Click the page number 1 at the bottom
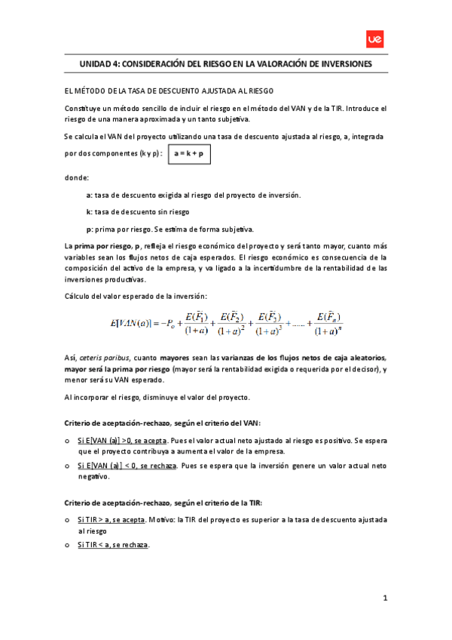pyautogui.click(x=384, y=598)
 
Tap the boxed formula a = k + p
pyautogui.click(x=189, y=154)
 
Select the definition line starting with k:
pyautogui.click(x=137, y=212)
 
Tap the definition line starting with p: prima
pyautogui.click(x=169, y=229)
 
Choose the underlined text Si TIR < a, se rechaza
pyautogui.click(x=113, y=545)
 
